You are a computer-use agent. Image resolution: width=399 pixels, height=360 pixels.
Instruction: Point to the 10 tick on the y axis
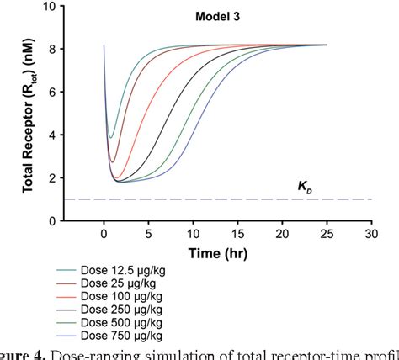pos(54,6)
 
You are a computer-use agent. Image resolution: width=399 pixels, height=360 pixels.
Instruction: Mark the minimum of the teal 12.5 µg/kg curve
pos(110,137)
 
